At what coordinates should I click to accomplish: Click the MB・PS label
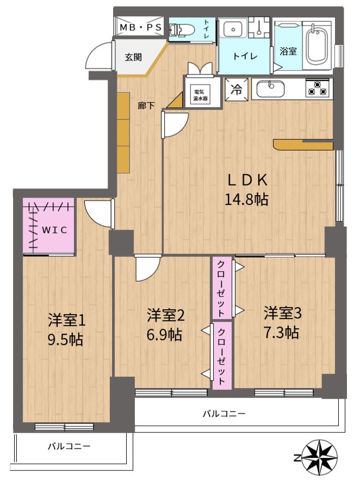141,27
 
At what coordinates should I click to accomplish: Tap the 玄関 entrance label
133,57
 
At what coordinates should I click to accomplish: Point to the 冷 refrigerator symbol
237,90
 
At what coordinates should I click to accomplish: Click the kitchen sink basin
270,89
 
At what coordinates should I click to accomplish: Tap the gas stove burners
317,87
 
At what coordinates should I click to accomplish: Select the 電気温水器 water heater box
200,95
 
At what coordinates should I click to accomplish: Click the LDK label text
247,180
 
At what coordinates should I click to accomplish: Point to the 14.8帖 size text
246,199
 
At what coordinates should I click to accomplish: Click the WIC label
54,230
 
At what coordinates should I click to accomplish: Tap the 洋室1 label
66,321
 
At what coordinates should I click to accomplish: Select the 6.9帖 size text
164,334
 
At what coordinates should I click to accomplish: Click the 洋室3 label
282,313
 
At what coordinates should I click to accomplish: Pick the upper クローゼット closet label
221,289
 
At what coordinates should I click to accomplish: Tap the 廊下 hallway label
146,106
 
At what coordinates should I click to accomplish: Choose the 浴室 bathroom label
288,51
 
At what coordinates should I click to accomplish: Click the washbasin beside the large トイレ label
234,29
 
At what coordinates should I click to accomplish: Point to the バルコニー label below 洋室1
69,446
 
